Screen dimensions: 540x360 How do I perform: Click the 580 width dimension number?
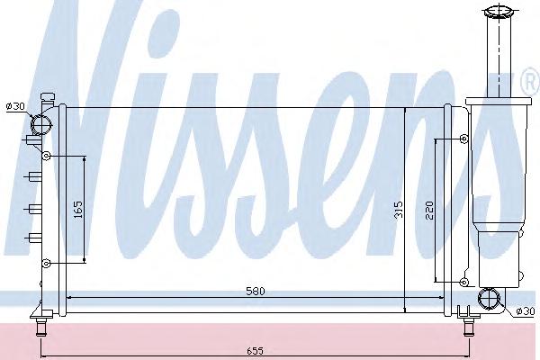pyautogui.click(x=256, y=291)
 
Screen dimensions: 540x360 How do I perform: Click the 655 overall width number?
pyautogui.click(x=256, y=351)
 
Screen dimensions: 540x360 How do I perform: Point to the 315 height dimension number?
pyautogui.click(x=399, y=210)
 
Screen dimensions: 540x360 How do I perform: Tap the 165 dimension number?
pyautogui.click(x=78, y=210)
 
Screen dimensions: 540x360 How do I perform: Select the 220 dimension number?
pyautogui.click(x=429, y=210)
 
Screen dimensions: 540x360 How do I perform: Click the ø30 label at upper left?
pyautogui.click(x=15, y=106)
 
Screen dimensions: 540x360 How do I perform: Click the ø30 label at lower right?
pyautogui.click(x=526, y=311)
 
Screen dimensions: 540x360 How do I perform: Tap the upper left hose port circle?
pyautogui.click(x=40, y=125)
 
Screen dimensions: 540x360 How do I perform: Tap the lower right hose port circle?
pyautogui.click(x=489, y=298)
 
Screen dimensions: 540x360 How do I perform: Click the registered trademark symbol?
pyautogui.click(x=531, y=82)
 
